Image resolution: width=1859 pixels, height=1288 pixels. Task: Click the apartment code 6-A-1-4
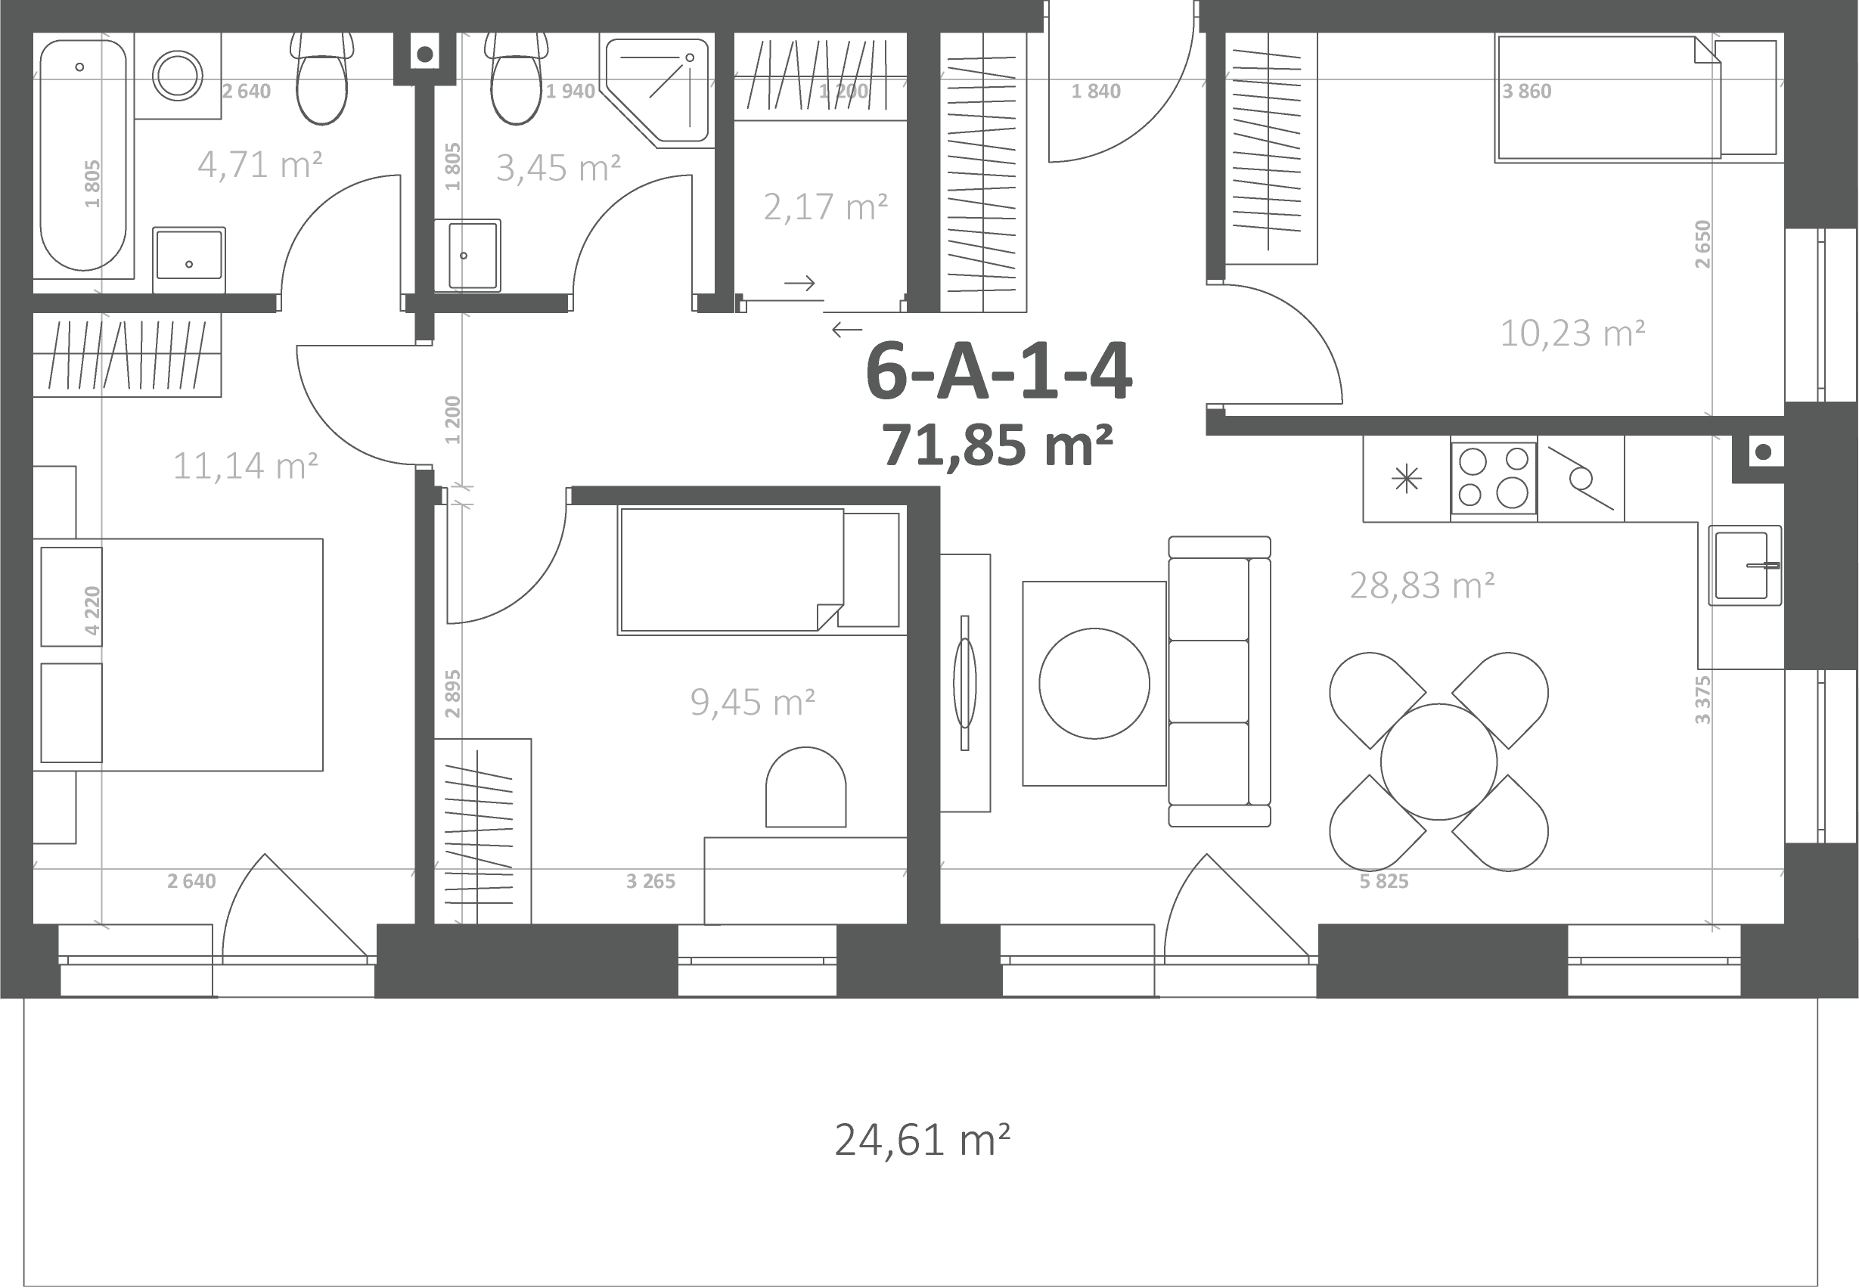[x=999, y=372]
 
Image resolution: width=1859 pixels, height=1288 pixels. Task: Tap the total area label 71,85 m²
[x=998, y=445]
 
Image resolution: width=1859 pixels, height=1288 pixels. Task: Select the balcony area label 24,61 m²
[x=922, y=1141]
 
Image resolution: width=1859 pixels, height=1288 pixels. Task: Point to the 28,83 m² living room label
[x=1422, y=586]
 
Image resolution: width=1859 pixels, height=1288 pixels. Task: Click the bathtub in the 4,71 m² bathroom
[x=83, y=156]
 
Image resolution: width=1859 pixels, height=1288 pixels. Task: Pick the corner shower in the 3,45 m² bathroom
[x=657, y=93]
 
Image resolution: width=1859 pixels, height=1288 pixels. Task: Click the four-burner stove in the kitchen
[x=1494, y=478]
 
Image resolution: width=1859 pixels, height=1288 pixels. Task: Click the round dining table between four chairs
[x=1438, y=761]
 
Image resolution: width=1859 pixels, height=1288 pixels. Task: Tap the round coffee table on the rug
[x=1094, y=684]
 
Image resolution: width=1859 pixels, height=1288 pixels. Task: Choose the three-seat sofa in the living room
[x=1219, y=681]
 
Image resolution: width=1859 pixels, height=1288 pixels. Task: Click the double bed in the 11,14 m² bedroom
[x=178, y=654]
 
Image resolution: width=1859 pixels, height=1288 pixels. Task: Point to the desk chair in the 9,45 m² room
[x=805, y=787]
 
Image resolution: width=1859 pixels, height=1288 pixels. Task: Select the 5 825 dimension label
[x=1384, y=881]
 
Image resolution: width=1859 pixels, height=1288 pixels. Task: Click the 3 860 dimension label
[x=1526, y=92]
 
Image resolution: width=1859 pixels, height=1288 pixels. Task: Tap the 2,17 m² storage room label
[x=825, y=207]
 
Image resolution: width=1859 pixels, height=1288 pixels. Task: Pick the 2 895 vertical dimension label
[x=452, y=694]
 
